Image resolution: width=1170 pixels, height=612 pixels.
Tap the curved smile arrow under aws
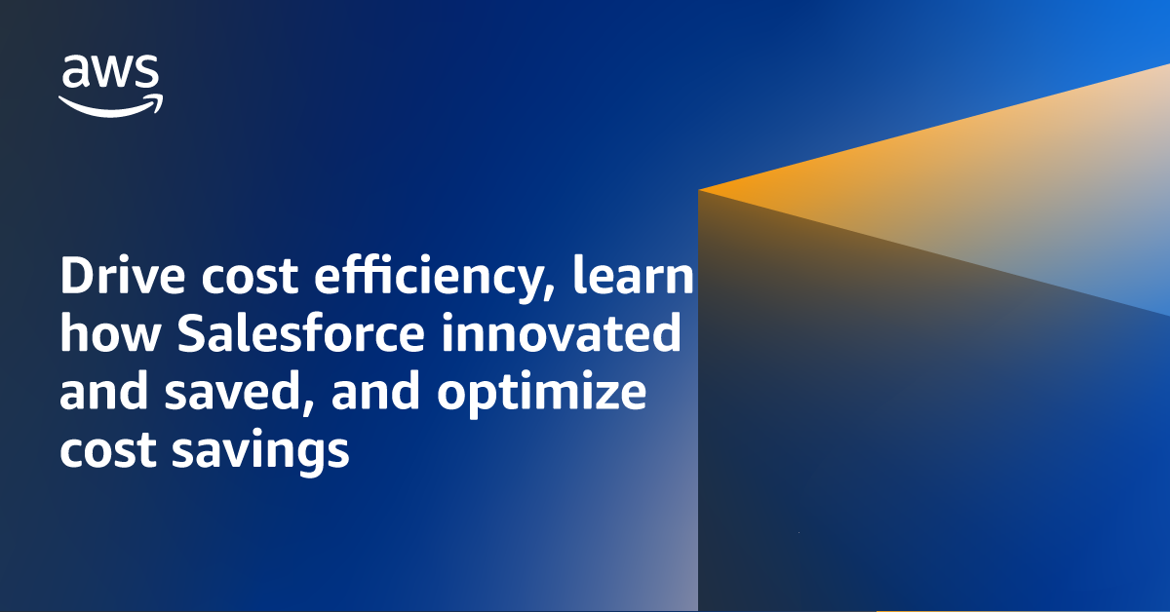(110, 105)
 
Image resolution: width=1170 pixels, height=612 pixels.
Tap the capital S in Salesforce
(194, 336)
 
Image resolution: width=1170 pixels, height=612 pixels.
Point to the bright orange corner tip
(704, 188)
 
